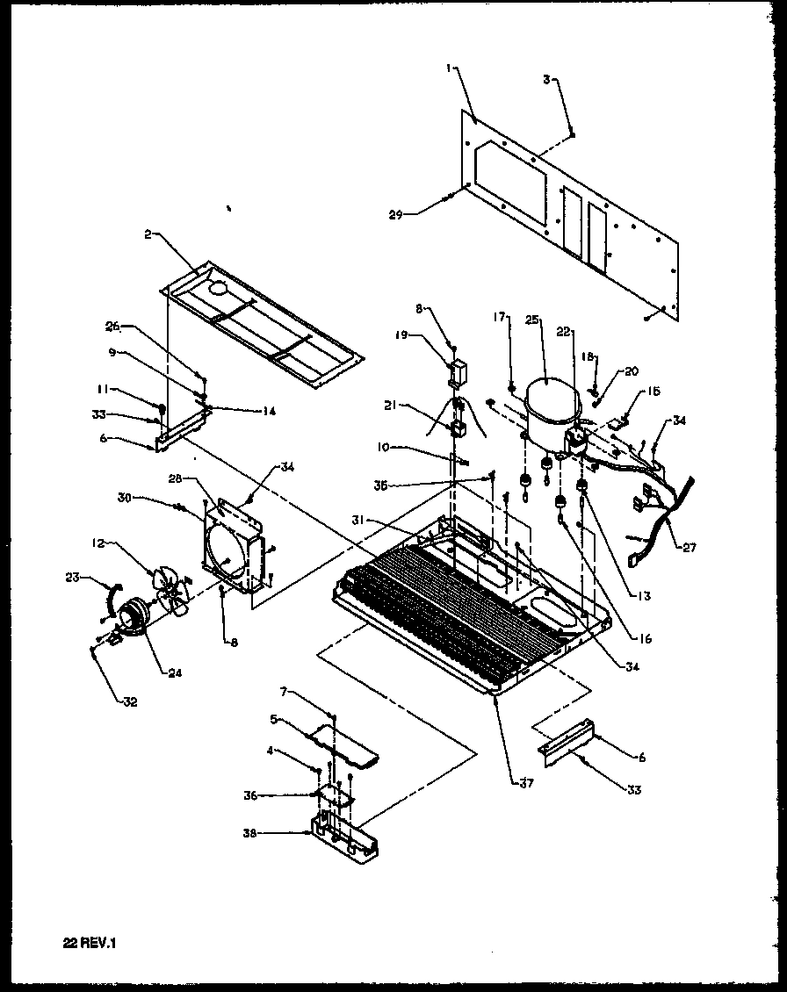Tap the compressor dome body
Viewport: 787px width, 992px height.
(x=546, y=406)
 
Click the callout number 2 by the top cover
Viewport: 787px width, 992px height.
(x=148, y=235)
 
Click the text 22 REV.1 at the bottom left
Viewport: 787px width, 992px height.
(x=90, y=944)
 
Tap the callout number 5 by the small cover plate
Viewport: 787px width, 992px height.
(x=274, y=719)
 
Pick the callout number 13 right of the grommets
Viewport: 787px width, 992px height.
(x=645, y=596)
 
